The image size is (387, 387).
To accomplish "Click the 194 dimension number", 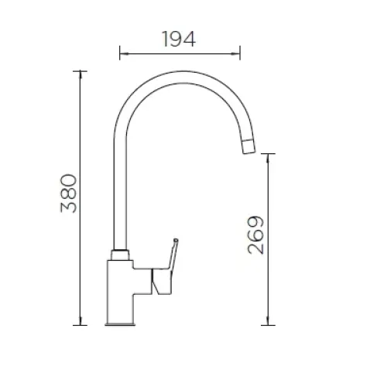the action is pos(179,39).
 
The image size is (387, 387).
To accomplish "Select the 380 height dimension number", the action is pos(69,193).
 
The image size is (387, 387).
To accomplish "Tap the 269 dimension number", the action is pos(256,235).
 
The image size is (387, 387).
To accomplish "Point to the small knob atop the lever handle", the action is pos(176,240).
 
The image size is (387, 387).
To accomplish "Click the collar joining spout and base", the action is pos(120,255).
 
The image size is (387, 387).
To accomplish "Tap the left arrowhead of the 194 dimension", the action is pos(125,53).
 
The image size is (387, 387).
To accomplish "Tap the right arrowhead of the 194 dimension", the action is pos(235,53).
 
